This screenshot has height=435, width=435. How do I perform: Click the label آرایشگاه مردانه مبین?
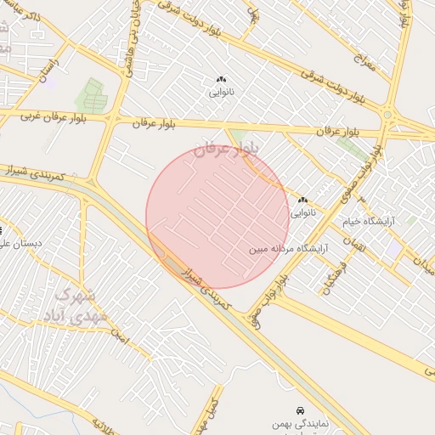pos(285,250)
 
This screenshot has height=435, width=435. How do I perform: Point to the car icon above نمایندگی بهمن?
pos(299,410)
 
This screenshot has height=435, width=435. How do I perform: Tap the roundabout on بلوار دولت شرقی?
pos(387,114)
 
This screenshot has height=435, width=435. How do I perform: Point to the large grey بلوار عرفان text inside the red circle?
pos(224,151)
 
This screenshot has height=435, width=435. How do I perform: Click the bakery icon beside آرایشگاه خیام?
pos(302,201)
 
